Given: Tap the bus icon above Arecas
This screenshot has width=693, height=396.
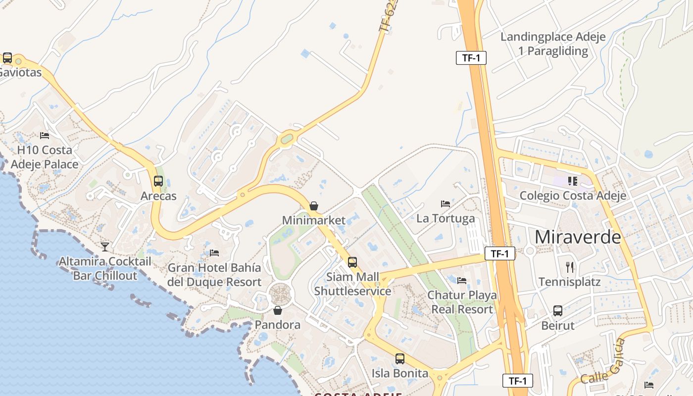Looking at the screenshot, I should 158,181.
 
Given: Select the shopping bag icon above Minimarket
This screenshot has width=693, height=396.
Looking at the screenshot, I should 314,206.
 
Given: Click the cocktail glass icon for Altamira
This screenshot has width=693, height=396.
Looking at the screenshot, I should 105,247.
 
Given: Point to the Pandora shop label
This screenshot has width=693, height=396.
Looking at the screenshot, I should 278,325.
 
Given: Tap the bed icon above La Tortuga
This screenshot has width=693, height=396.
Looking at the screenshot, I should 445,204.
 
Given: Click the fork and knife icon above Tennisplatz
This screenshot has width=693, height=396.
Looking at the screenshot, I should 570,267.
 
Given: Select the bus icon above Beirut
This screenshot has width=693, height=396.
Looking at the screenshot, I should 558,311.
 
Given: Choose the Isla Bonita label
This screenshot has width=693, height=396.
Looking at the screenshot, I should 400,373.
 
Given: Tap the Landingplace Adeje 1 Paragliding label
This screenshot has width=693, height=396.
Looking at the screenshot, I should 553,44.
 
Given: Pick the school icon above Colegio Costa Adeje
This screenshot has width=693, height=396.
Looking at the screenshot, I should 573,181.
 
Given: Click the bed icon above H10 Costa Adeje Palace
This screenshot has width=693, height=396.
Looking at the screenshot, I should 45,136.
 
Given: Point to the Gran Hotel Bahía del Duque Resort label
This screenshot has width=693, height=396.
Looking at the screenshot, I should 214,275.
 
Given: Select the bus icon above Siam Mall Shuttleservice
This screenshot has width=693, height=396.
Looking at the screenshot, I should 352,262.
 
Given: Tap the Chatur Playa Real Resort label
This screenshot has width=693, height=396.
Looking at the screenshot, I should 462,302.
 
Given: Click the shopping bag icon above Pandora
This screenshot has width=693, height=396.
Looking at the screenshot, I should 278,310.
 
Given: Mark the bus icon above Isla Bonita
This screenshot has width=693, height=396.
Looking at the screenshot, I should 400,359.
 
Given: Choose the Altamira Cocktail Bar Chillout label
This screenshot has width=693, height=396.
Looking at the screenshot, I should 105,268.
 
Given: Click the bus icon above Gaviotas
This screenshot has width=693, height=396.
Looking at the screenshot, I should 7,58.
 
